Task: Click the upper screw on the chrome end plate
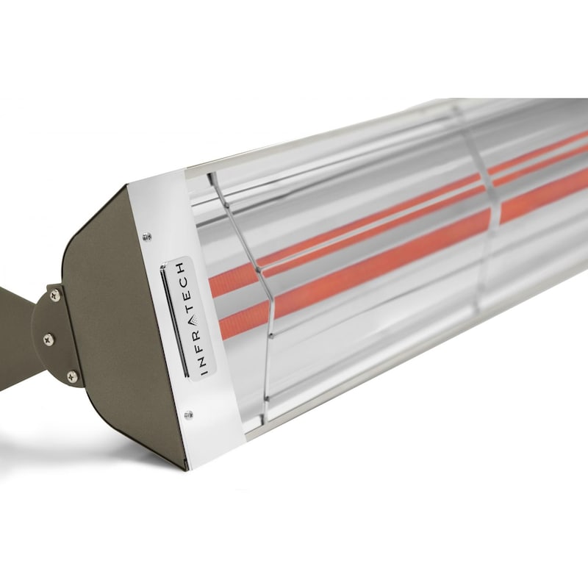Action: point(147,236)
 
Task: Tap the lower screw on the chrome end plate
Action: point(189,415)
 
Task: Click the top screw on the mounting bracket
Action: point(56,295)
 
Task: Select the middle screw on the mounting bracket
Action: point(49,339)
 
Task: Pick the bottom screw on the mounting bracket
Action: point(72,376)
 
